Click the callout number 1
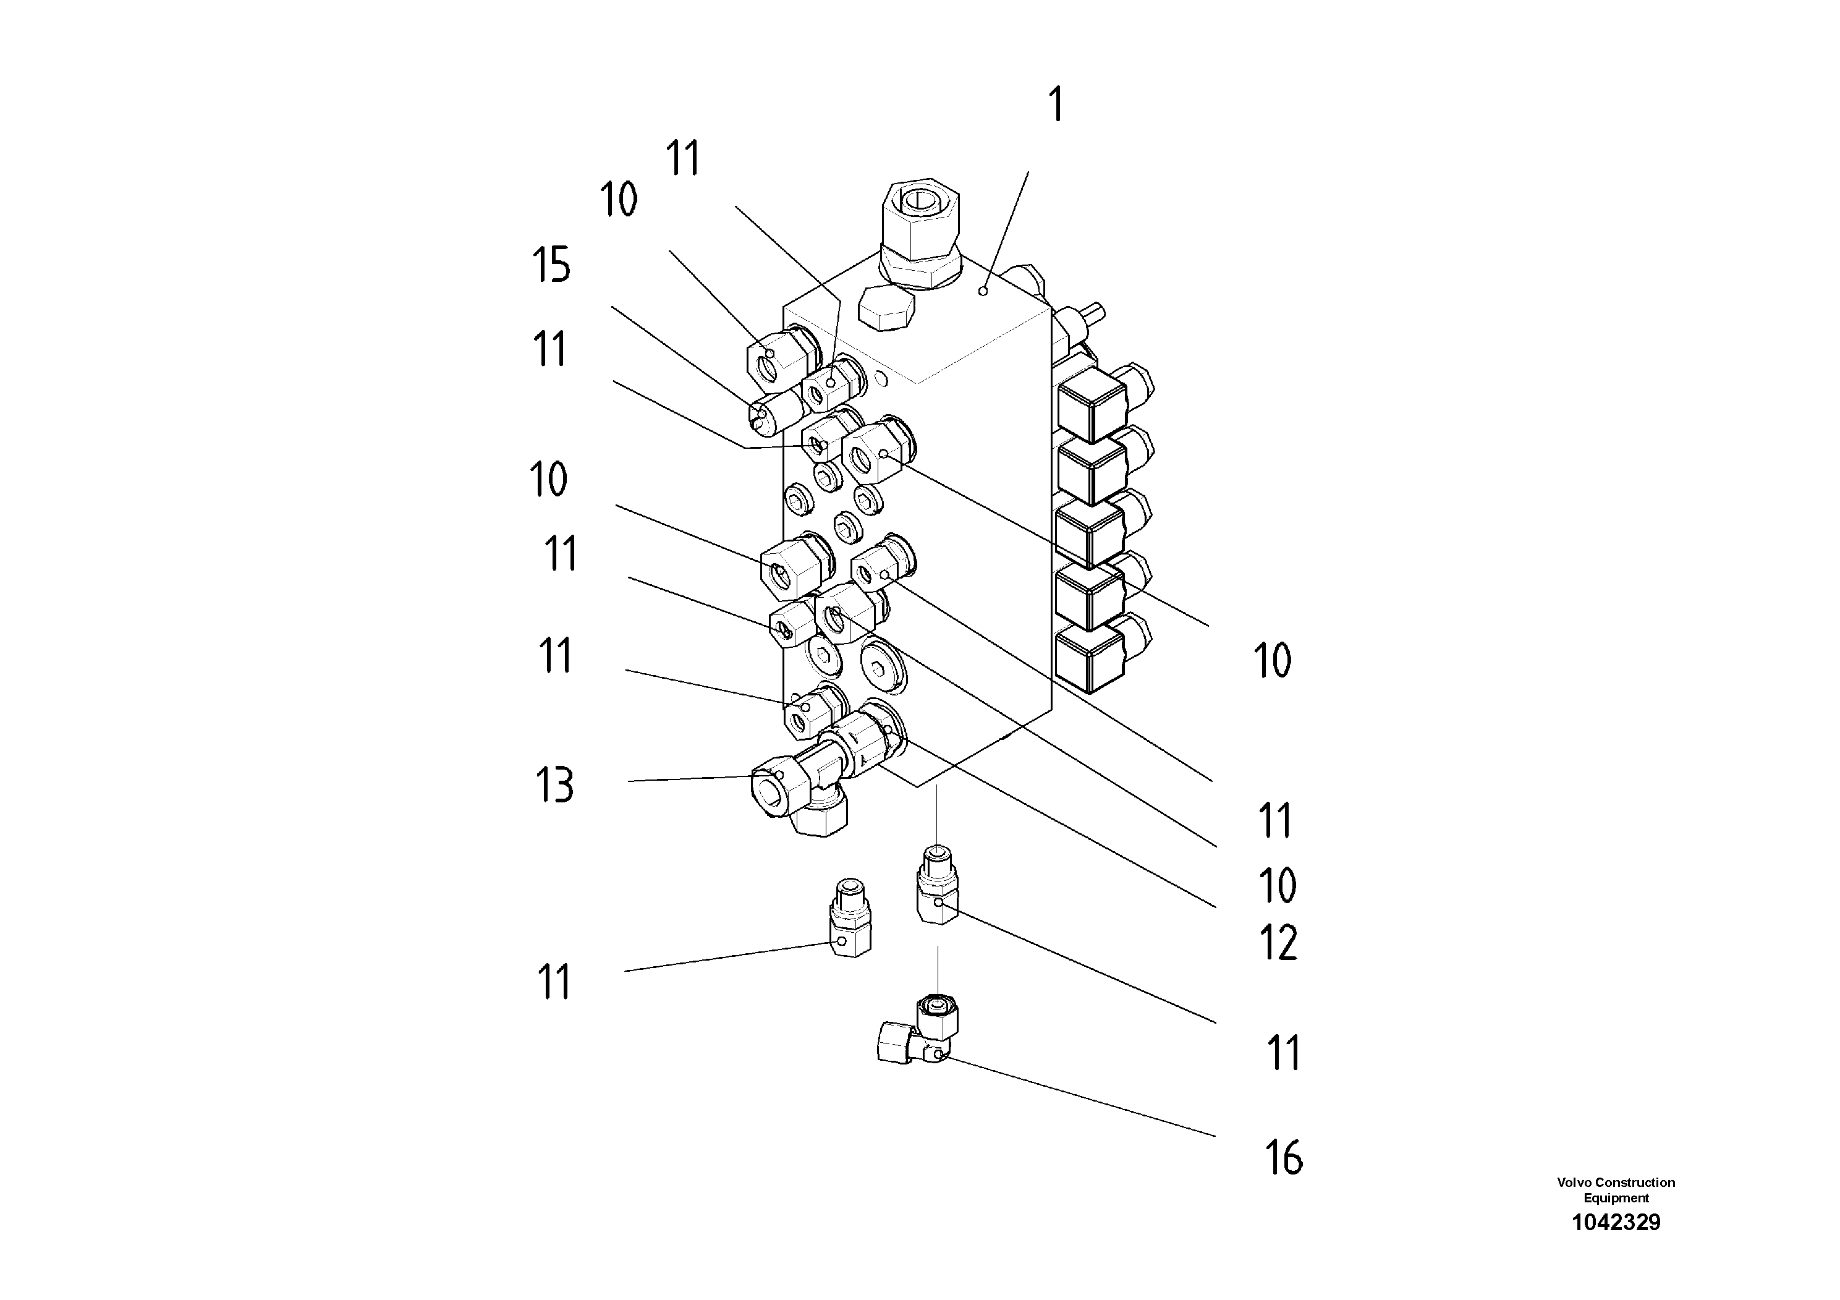(x=1057, y=105)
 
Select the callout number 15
(x=551, y=265)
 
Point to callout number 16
(x=1284, y=1158)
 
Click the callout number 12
(x=1278, y=943)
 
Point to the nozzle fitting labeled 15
(x=776, y=411)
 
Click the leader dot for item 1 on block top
(x=984, y=292)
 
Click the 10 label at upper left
(x=619, y=200)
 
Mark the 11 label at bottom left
(x=554, y=982)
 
